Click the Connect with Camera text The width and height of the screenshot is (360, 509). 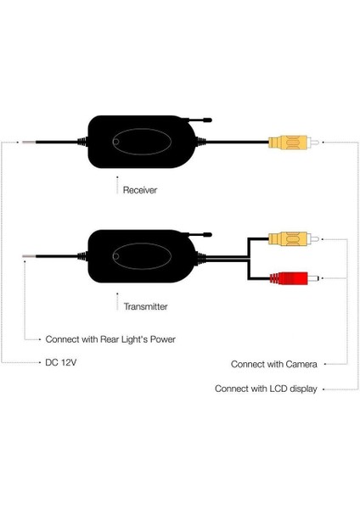click(x=274, y=364)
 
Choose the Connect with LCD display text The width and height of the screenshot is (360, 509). click(x=266, y=389)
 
